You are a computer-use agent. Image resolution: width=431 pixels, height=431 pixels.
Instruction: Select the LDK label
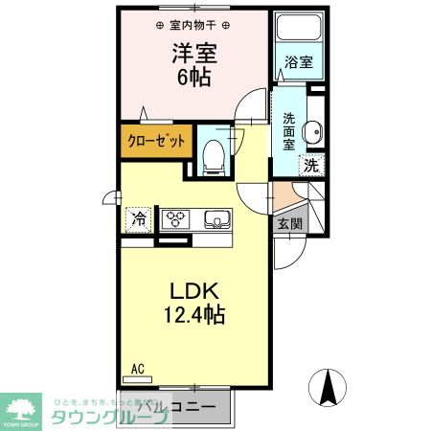tap(196, 290)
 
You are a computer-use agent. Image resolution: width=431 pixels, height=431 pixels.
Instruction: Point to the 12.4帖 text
tap(197, 313)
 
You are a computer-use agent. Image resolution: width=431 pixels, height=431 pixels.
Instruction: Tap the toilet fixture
tap(214, 154)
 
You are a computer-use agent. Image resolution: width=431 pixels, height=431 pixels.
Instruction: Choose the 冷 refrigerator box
tap(139, 219)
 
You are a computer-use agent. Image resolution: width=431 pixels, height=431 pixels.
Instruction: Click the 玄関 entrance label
tap(288, 224)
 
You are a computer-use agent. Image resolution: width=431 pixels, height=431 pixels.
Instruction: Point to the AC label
tap(137, 368)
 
